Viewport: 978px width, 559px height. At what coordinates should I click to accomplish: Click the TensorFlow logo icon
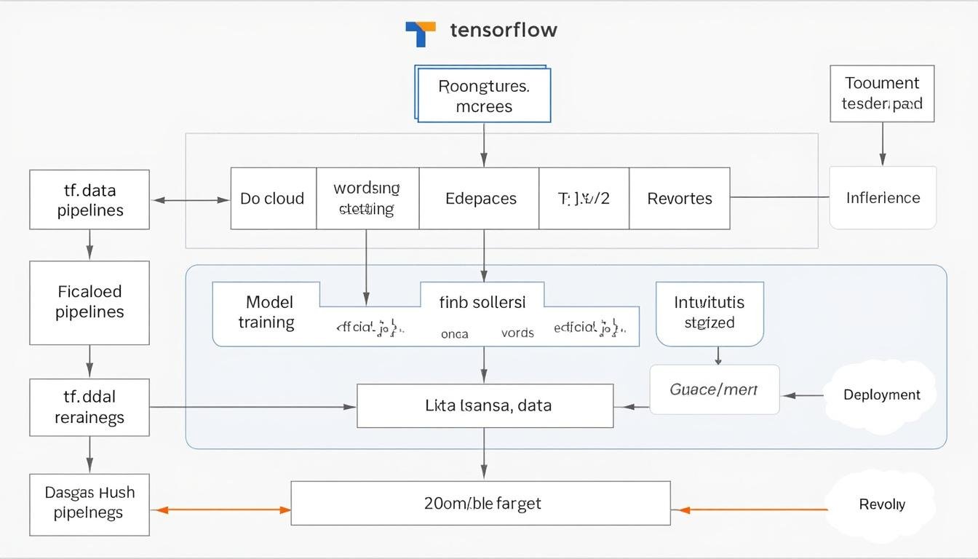click(421, 33)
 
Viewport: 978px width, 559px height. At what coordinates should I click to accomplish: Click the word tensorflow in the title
click(504, 30)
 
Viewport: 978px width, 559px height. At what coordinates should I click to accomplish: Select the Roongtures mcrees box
click(484, 96)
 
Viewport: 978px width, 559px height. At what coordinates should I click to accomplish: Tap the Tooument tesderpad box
click(882, 93)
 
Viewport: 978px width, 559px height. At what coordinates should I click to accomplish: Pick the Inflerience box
click(883, 198)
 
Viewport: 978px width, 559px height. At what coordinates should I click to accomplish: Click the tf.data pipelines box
click(90, 199)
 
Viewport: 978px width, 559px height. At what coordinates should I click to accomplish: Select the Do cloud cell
click(273, 199)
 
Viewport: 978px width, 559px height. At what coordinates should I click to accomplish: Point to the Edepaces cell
click(480, 199)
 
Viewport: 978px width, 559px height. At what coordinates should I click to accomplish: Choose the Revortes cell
click(680, 199)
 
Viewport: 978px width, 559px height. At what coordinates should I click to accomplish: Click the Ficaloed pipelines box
click(90, 302)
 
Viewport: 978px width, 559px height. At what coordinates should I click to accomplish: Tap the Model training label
click(266, 312)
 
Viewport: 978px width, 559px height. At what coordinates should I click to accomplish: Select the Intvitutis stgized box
click(709, 313)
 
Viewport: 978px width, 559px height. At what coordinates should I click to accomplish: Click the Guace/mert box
click(714, 390)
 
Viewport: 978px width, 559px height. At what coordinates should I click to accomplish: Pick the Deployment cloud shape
click(881, 395)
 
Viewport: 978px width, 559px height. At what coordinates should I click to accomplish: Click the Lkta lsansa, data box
click(485, 405)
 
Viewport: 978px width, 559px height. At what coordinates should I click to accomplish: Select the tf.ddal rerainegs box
click(90, 407)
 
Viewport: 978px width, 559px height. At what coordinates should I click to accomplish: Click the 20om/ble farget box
click(480, 503)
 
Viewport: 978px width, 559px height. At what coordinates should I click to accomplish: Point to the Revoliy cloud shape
click(881, 504)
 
